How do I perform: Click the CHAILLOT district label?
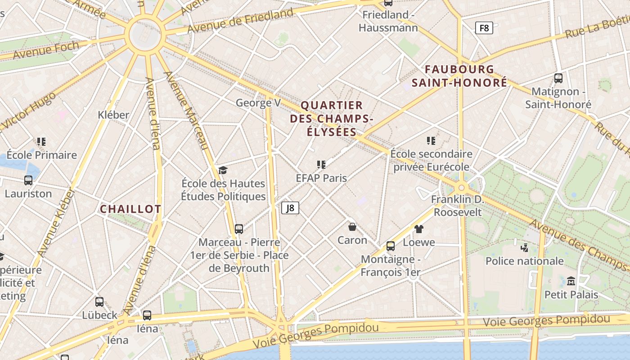tap(130, 209)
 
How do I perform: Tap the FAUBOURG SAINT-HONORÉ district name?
tap(459, 76)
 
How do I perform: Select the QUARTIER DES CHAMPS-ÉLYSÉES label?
tap(332, 119)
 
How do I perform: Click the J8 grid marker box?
tap(290, 208)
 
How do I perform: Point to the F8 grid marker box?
tap(484, 28)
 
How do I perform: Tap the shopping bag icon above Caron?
tap(352, 227)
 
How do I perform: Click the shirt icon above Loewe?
tap(419, 229)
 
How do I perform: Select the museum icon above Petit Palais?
tap(571, 281)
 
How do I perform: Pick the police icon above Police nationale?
tap(524, 247)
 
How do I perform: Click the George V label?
tap(258, 103)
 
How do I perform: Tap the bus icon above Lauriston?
tap(28, 180)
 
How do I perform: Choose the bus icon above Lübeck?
tap(99, 302)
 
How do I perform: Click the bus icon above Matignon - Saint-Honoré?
tap(558, 78)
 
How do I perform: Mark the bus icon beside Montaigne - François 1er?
tap(391, 246)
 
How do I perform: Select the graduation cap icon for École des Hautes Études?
tap(223, 170)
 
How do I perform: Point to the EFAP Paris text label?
tap(321, 178)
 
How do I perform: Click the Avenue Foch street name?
tap(46, 49)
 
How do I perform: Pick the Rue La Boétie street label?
tap(597, 27)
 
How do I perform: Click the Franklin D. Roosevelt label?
tap(458, 206)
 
